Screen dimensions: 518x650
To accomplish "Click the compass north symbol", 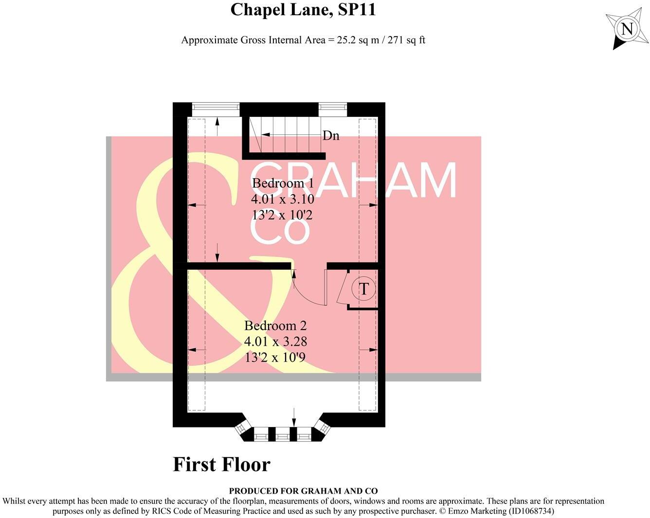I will click(x=627, y=29).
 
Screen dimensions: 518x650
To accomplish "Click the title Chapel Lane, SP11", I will click(x=303, y=10).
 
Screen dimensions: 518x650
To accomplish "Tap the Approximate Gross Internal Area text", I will click(x=303, y=40).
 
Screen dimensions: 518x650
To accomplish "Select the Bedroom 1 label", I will click(x=283, y=183).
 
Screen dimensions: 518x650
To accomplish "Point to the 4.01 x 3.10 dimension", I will click(x=283, y=199).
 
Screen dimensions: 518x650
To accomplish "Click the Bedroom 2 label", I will click(x=275, y=325).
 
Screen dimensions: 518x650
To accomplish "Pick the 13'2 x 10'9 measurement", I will click(x=275, y=357).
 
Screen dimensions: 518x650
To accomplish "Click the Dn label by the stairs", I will click(x=331, y=135).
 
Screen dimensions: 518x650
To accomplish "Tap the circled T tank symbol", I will click(x=363, y=289).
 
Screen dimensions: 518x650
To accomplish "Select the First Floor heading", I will click(x=221, y=464).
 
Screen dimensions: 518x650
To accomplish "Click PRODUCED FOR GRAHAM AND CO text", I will click(x=303, y=491).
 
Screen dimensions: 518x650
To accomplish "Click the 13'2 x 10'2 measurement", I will click(x=283, y=215).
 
